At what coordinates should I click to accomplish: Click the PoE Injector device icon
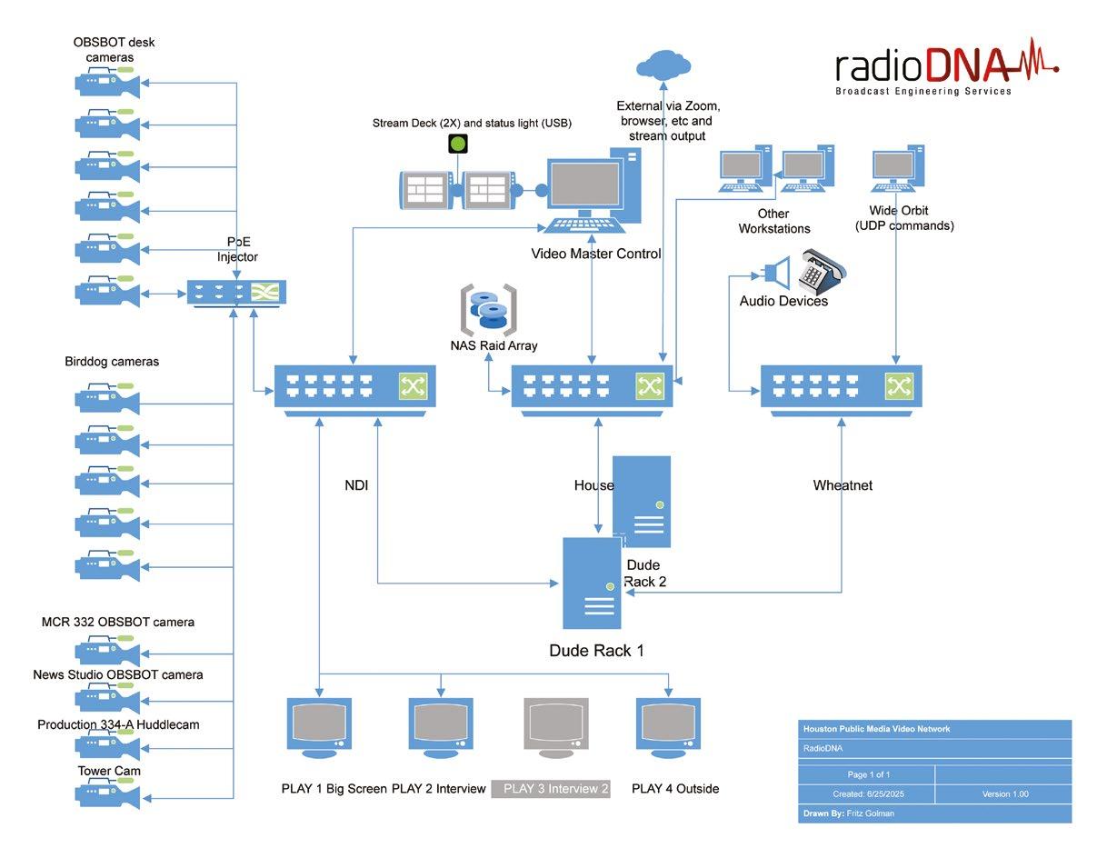tap(236, 293)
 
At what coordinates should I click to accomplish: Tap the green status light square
tap(458, 144)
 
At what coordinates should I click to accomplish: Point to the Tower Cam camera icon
tap(107, 793)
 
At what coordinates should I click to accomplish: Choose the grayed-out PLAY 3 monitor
tap(555, 727)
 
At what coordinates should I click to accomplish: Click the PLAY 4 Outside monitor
tap(668, 727)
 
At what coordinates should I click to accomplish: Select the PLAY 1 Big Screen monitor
tap(319, 727)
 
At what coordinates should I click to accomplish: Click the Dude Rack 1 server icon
tap(592, 583)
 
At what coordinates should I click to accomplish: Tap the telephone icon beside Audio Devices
tap(821, 270)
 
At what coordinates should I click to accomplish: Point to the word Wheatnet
tap(843, 485)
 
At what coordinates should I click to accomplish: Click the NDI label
tap(356, 485)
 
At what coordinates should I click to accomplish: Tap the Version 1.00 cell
tap(1004, 793)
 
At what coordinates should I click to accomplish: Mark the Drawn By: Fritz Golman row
tap(934, 813)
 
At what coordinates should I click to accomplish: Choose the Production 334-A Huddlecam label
tap(118, 724)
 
